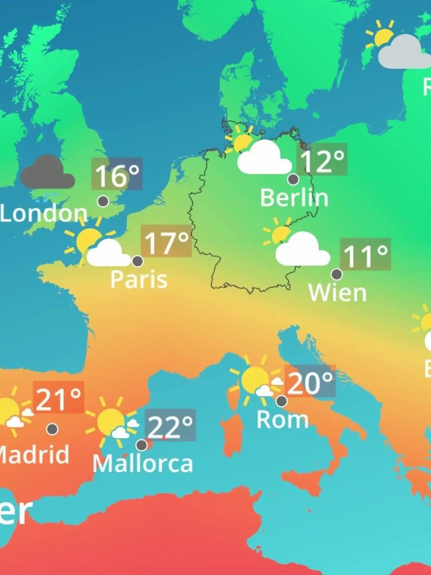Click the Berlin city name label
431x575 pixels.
point(294,198)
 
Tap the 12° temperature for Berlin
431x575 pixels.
point(322,160)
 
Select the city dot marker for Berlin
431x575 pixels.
point(293,179)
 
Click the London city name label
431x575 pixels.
point(43,213)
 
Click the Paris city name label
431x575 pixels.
point(139,279)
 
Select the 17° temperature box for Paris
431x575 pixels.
point(166,241)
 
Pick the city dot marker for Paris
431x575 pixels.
point(138,261)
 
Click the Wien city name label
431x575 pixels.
point(337,293)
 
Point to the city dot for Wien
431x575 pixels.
point(337,275)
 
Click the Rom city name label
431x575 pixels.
point(282,419)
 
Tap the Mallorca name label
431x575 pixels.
point(143,464)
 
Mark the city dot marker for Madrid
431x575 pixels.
point(52,429)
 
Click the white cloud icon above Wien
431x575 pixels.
point(302,250)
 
